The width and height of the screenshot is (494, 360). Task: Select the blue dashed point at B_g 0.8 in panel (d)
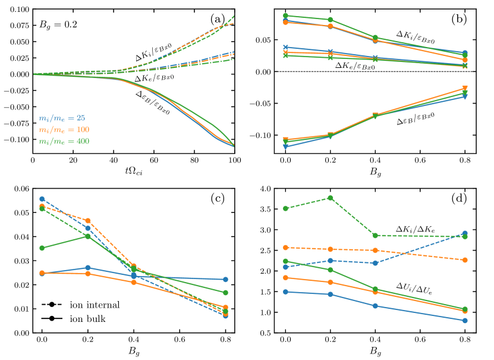pyautogui.click(x=465, y=233)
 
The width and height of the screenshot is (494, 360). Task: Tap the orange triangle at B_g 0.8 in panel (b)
pyautogui.click(x=465, y=89)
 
